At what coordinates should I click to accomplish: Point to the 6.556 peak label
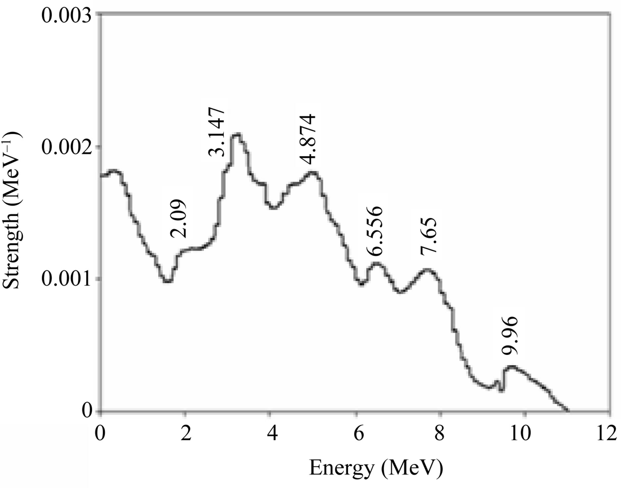coord(375,231)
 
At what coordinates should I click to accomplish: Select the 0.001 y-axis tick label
coord(66,280)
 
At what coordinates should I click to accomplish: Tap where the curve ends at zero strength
coord(568,410)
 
